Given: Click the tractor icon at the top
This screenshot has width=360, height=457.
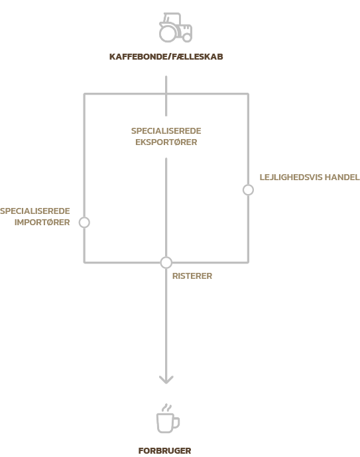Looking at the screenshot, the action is (175, 27).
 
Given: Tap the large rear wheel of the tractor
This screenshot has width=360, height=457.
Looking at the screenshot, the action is (168, 33).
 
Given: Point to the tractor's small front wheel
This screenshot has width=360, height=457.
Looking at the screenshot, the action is (187, 37).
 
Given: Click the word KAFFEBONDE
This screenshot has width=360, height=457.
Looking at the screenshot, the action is (138, 56).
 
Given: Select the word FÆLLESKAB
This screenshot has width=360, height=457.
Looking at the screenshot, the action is (198, 56).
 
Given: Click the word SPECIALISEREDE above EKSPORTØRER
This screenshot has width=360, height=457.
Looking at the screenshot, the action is (166, 131).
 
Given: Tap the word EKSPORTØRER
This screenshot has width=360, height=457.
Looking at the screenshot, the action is (166, 142).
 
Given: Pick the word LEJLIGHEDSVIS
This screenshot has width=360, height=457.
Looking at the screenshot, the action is (290, 178).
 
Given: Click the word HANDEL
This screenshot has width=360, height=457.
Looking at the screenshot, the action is (342, 178).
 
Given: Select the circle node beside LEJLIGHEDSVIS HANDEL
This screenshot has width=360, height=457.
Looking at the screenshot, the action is (248, 189).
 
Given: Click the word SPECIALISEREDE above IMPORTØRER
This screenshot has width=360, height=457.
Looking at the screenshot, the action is (35, 211).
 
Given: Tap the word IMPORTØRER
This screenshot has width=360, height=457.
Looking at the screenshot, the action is (42, 223).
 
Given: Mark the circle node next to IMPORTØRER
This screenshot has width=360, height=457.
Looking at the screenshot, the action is (84, 223).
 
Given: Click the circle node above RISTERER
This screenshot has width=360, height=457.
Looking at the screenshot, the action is (166, 262).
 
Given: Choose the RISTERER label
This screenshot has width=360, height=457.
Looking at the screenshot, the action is (192, 276).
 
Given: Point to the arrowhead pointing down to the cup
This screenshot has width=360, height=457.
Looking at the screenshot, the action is (166, 380).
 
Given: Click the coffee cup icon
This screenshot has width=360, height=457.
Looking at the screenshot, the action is (168, 419).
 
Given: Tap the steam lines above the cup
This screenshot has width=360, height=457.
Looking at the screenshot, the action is (167, 407).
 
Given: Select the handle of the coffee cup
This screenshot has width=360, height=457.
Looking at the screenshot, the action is (176, 423).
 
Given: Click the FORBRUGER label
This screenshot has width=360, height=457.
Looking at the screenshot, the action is (165, 450).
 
